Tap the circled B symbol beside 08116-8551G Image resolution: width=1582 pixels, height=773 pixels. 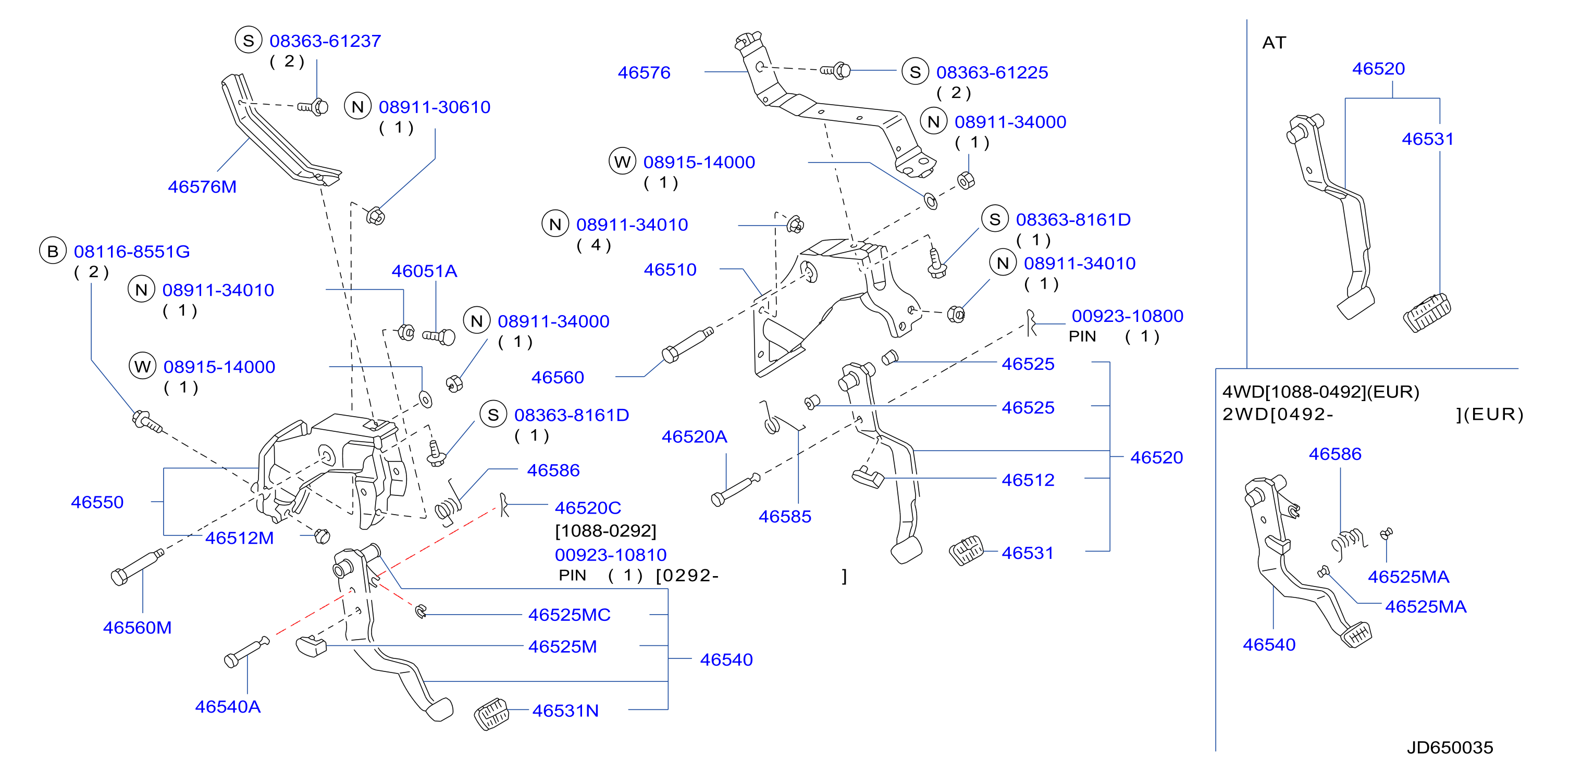click(x=53, y=251)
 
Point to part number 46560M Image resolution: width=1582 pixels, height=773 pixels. click(x=137, y=628)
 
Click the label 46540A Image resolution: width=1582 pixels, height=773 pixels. click(x=228, y=707)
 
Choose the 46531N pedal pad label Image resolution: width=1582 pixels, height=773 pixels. click(x=565, y=710)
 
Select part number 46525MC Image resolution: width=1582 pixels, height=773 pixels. click(x=570, y=615)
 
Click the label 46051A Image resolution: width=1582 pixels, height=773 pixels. click(x=424, y=271)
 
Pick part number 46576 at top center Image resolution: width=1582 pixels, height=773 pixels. click(x=644, y=72)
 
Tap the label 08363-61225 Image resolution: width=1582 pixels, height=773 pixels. click(x=992, y=72)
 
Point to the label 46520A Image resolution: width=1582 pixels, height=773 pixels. click(x=694, y=437)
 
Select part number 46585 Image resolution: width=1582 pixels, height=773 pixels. click(x=784, y=516)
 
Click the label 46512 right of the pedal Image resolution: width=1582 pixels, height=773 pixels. click(x=1028, y=480)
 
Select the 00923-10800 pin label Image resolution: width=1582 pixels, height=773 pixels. click(x=1127, y=316)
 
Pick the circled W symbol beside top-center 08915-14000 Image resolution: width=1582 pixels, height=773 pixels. click(x=622, y=161)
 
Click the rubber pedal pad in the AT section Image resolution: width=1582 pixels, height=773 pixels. click(x=1427, y=313)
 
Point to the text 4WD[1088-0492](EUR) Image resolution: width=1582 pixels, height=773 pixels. click(x=1320, y=392)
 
